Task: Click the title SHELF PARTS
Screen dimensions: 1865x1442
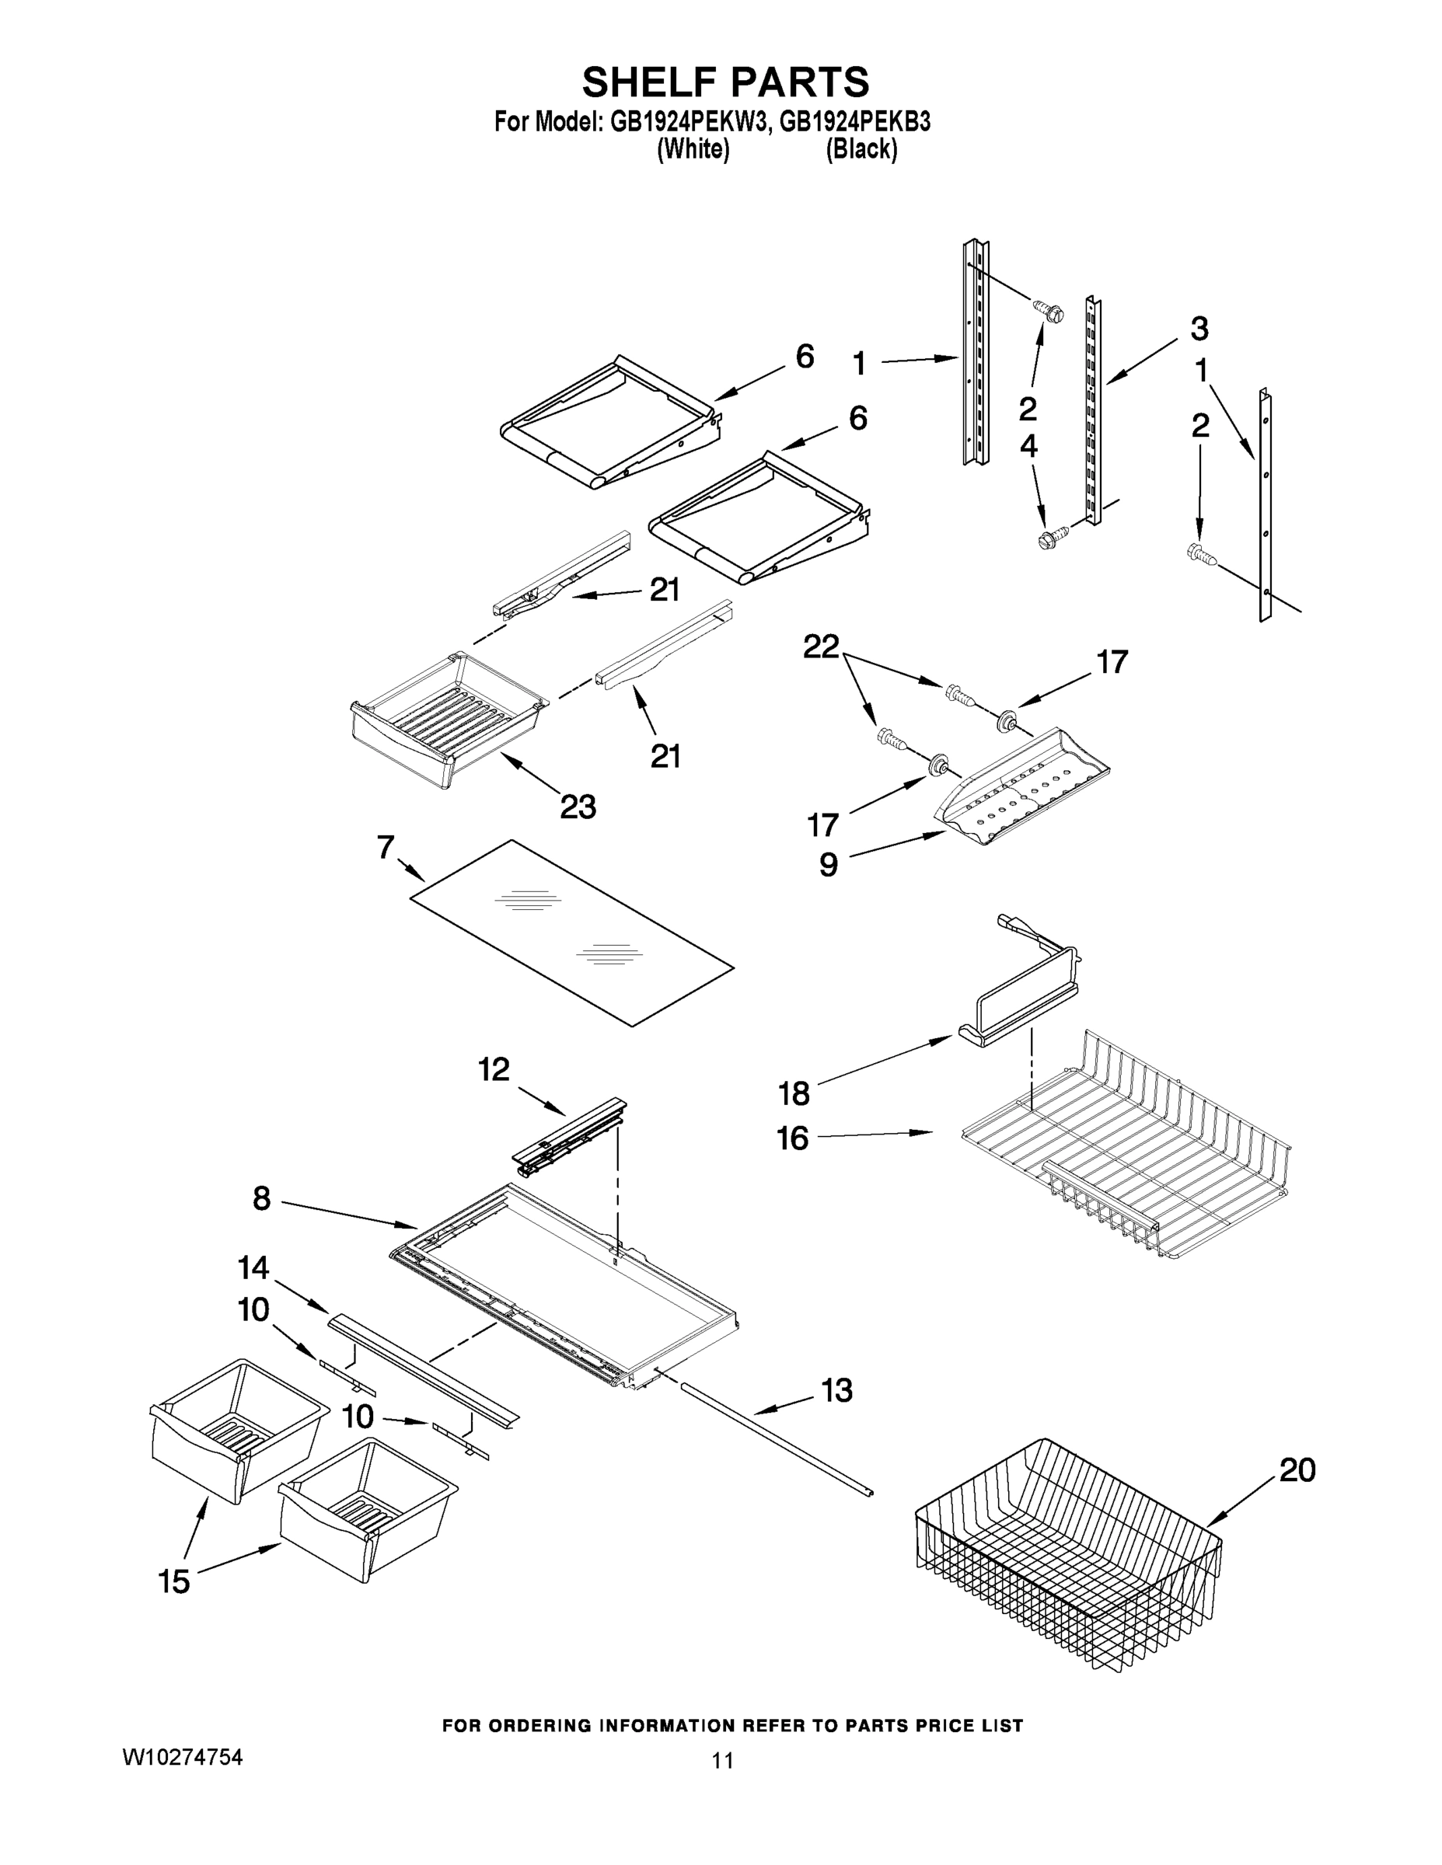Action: click(x=725, y=83)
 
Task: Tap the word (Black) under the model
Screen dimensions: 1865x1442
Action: click(x=861, y=149)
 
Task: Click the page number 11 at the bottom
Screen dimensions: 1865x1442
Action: click(x=723, y=1761)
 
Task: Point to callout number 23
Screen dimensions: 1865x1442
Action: click(x=578, y=806)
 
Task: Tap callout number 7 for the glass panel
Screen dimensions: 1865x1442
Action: click(x=386, y=847)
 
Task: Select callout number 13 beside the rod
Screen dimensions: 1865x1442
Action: click(x=836, y=1390)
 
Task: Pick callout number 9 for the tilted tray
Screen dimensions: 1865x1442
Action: click(x=829, y=864)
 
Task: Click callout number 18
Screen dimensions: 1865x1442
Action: click(x=794, y=1093)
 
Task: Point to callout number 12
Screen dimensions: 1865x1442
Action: click(x=494, y=1068)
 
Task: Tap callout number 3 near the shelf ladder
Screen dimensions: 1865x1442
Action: click(x=1199, y=328)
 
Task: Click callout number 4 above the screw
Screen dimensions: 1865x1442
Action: click(x=1028, y=446)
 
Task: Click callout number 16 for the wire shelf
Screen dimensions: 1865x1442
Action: click(x=792, y=1138)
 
